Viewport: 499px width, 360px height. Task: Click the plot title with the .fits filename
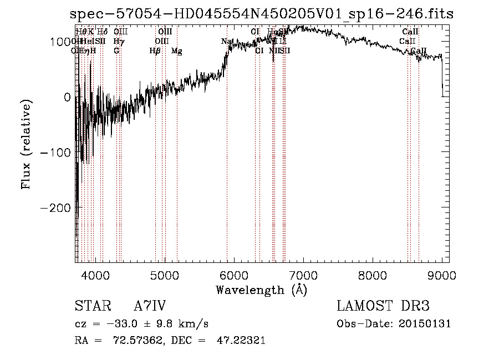tap(262, 14)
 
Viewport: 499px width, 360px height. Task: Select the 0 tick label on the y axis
tap(68, 97)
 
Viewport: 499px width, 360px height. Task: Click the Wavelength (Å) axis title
tap(262, 290)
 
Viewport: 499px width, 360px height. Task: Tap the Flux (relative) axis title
tap(26, 144)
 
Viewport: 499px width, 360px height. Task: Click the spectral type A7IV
tap(150, 306)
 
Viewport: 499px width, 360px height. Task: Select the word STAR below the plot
tap(93, 306)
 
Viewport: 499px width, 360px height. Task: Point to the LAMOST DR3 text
tap(383, 306)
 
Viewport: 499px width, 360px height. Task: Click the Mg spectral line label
tap(177, 51)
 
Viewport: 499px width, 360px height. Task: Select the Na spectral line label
tap(226, 42)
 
